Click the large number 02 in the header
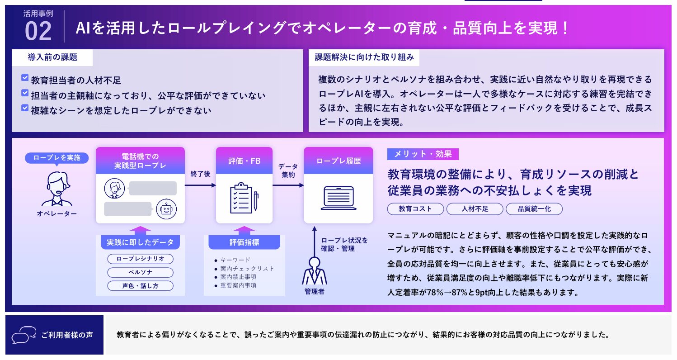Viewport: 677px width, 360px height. [38, 31]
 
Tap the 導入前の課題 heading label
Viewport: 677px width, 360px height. [52, 57]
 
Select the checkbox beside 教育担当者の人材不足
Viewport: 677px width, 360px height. [25, 78]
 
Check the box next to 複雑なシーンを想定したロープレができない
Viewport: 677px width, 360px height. [25, 108]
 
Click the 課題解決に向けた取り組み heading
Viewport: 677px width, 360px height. [364, 57]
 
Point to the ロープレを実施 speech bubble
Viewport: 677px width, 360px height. [57, 158]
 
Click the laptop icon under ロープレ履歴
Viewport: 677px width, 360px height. [338, 197]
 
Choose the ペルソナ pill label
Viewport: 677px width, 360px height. [140, 272]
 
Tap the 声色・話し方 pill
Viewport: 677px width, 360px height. [140, 286]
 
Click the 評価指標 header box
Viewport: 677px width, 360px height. [244, 242]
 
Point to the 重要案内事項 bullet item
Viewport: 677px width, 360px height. [238, 285]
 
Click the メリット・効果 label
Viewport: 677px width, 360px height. [423, 154]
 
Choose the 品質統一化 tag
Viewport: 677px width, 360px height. [534, 208]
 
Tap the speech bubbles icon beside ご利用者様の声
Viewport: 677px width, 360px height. [24, 335]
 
